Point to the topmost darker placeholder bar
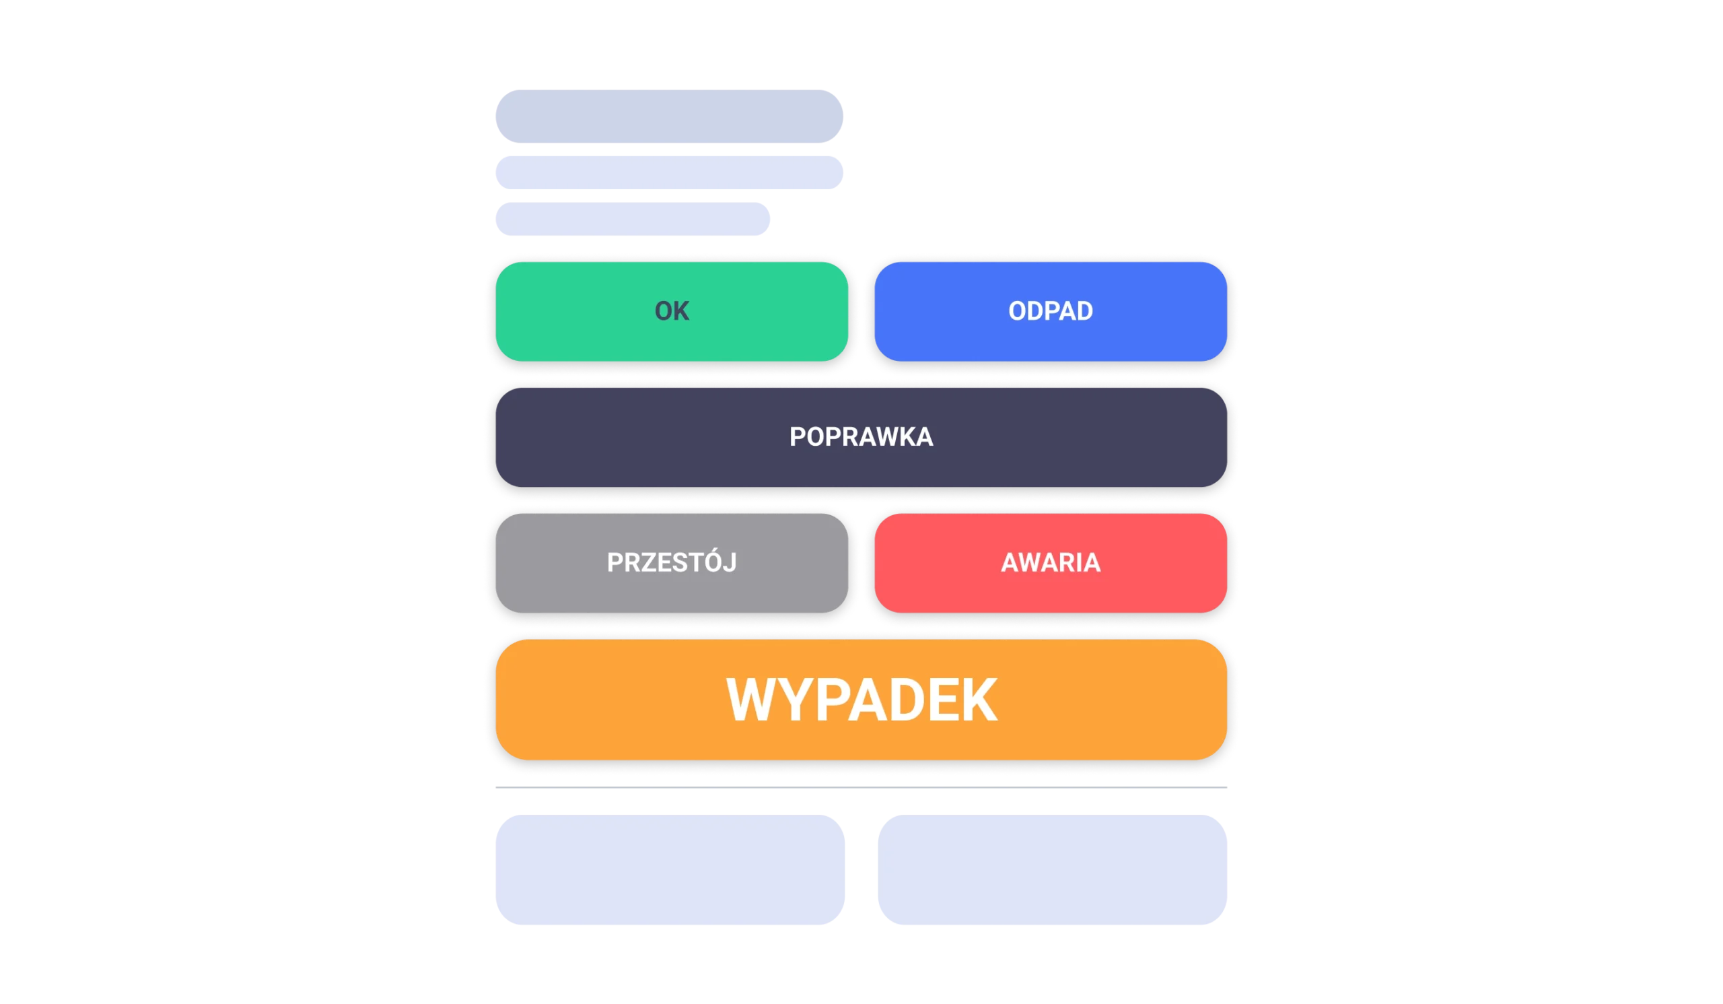pyautogui.click(x=670, y=115)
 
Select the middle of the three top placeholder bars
pyautogui.click(x=670, y=172)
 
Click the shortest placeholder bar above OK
pyautogui.click(x=634, y=218)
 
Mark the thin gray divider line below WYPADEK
pyautogui.click(x=861, y=787)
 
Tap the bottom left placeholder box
pyautogui.click(x=670, y=869)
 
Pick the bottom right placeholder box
pyautogui.click(x=1052, y=869)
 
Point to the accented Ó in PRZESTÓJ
pyautogui.click(x=709, y=562)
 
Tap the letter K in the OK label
pyautogui.click(x=681, y=311)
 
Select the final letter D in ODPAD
pyautogui.click(x=1084, y=311)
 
